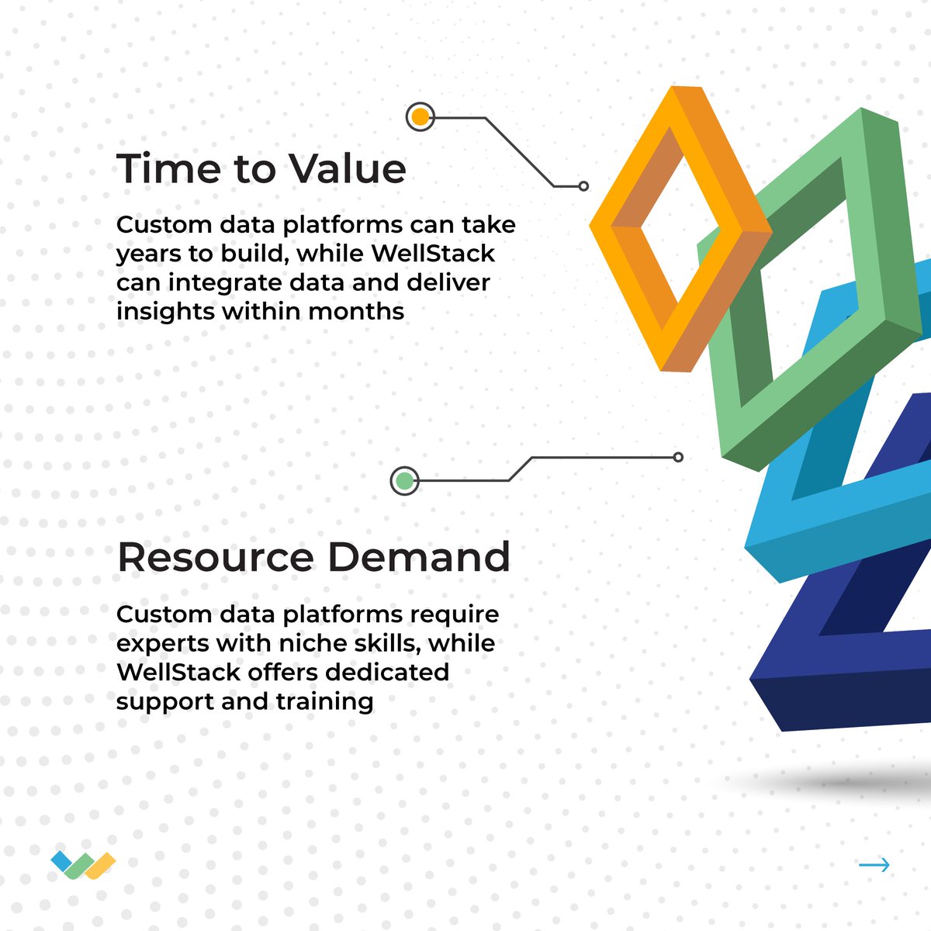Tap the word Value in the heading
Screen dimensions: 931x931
(x=347, y=168)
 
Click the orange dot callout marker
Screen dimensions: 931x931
(x=420, y=118)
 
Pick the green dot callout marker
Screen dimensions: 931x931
(x=404, y=481)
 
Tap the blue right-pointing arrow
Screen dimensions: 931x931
(x=874, y=865)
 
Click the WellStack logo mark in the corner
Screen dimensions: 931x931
(x=83, y=865)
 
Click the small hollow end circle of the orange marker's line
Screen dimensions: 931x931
(x=583, y=186)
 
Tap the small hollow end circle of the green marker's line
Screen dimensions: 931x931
(x=678, y=458)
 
